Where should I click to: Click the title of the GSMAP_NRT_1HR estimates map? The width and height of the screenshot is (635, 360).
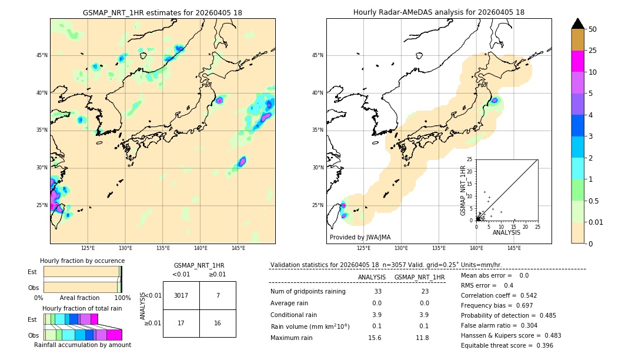point(162,12)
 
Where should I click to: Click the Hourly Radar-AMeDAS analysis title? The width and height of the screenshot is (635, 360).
point(439,12)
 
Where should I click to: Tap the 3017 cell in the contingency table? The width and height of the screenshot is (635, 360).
point(181,295)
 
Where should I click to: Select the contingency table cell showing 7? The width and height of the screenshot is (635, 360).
point(218,295)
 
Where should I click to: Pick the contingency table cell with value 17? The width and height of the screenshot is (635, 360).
point(181,323)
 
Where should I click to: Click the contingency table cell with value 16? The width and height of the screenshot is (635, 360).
point(218,323)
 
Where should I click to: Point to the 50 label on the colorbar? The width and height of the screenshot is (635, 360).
point(593,29)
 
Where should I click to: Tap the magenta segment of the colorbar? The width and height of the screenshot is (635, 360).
point(578,61)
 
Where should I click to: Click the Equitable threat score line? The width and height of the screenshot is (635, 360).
point(507,345)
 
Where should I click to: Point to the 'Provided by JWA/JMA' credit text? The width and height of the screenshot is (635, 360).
point(360,238)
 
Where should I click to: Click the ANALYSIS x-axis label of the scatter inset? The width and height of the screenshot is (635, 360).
point(506,232)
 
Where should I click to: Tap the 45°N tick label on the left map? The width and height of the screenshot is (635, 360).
point(42,55)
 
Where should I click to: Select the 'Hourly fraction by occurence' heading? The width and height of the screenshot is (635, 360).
point(82,261)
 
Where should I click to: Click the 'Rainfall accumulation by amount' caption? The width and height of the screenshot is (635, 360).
point(82,345)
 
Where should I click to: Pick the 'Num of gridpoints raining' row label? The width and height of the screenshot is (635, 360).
point(308,291)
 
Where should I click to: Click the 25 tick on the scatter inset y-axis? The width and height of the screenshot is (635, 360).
point(470,159)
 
